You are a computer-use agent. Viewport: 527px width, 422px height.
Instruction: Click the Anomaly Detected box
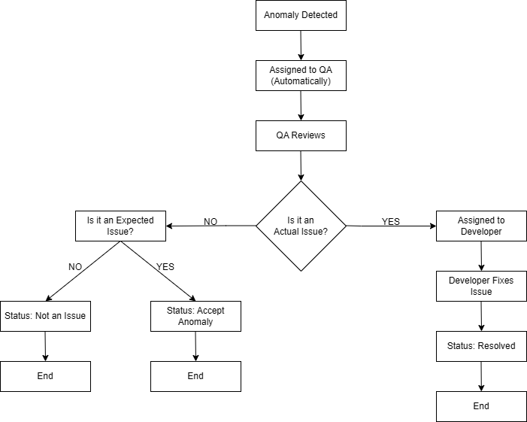tap(301, 15)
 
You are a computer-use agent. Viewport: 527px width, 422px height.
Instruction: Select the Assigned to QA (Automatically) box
tap(301, 75)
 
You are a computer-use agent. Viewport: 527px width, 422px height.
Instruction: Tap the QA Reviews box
tap(301, 135)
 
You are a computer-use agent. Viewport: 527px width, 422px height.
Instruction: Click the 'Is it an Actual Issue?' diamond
tap(301, 226)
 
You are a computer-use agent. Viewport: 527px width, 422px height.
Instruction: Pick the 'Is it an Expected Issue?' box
tap(120, 226)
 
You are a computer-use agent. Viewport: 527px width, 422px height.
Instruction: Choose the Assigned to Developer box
tap(481, 226)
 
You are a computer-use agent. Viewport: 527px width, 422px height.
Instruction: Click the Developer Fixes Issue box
tap(481, 286)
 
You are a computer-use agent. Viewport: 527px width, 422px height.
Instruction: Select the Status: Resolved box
tap(481, 346)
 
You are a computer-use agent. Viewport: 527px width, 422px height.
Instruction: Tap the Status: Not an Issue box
tap(45, 316)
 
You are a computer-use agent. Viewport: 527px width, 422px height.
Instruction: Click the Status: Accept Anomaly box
tap(195, 316)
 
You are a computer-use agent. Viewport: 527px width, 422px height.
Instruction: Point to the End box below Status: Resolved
tap(481, 406)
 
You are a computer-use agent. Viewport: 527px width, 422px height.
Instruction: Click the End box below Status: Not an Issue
tap(45, 376)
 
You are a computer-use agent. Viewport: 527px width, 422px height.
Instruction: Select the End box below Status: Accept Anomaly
tap(195, 376)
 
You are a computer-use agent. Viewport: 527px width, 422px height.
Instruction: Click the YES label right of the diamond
tap(391, 221)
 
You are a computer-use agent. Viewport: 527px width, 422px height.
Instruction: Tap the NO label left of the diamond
tap(210, 221)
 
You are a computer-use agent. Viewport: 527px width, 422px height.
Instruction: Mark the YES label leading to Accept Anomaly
tap(165, 266)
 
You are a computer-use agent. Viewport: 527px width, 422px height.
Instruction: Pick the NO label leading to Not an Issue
tap(75, 266)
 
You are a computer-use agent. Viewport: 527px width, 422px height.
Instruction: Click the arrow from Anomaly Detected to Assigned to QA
tap(301, 45)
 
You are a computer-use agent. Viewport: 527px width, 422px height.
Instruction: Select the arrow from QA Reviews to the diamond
tap(301, 165)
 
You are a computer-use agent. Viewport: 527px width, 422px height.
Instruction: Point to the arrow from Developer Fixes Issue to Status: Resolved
tap(481, 316)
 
